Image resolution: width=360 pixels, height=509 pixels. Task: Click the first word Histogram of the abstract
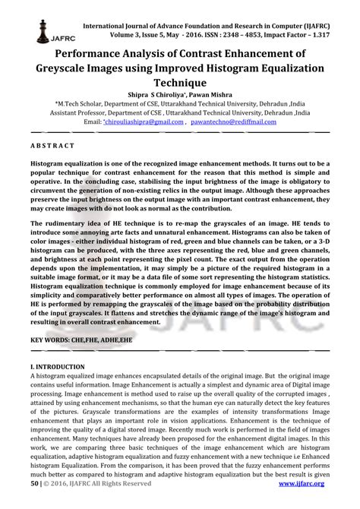(x=52, y=163)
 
